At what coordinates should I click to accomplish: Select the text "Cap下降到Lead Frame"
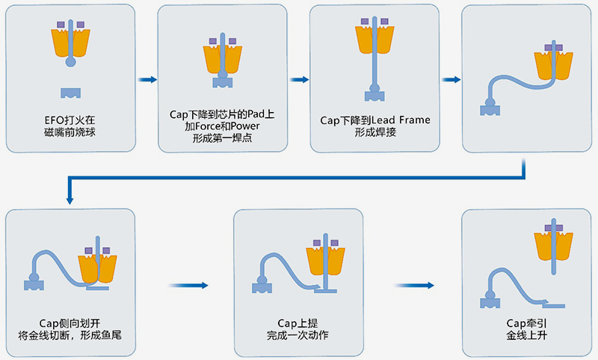374,120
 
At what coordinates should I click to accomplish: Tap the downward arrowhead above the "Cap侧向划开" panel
70,199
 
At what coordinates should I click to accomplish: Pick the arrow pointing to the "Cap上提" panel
186,285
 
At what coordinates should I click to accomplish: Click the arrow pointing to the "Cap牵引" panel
414,285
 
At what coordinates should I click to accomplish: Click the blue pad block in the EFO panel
71,93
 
